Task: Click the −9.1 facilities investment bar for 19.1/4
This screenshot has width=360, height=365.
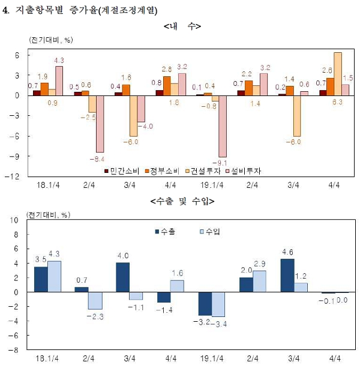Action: pyautogui.click(x=223, y=126)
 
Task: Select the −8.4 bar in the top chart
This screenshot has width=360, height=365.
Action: pyautogui.click(x=100, y=124)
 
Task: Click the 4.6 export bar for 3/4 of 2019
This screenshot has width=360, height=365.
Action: pyautogui.click(x=287, y=275)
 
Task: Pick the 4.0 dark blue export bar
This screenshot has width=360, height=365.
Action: pyautogui.click(x=122, y=277)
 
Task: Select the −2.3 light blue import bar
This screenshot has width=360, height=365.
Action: pyautogui.click(x=95, y=300)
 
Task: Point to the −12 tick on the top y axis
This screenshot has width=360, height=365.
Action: pyautogui.click(x=15, y=176)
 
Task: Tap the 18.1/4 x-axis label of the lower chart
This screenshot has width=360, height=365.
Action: pyautogui.click(x=47, y=358)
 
